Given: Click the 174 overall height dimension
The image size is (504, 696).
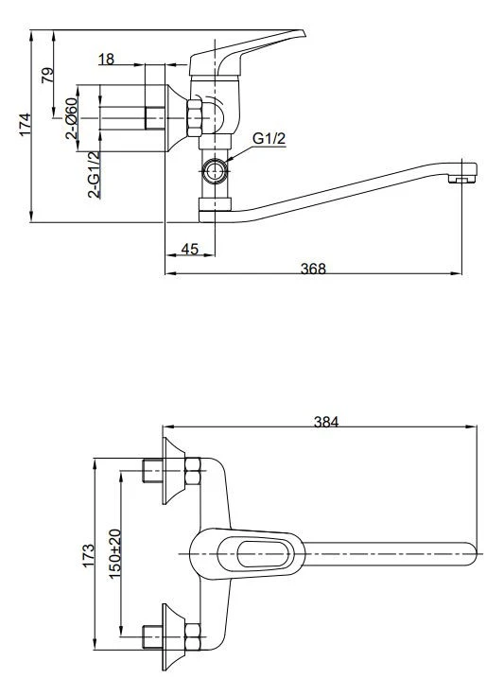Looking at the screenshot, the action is (26, 125).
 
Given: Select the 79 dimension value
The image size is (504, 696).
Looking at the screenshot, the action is (47, 75).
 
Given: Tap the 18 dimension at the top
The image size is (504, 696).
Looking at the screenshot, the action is (106, 59).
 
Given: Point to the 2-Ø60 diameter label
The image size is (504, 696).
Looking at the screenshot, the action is (72, 118).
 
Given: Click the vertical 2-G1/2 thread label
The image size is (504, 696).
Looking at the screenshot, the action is (94, 174).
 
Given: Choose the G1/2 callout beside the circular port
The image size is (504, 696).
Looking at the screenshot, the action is (269, 138).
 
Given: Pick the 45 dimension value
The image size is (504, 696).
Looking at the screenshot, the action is (190, 249).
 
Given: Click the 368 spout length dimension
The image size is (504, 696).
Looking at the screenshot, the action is (313, 269).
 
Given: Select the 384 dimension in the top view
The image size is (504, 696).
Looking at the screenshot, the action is (326, 422).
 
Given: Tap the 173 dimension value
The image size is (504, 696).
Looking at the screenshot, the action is (88, 554).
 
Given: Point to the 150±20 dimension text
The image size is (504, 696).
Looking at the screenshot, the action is (115, 553).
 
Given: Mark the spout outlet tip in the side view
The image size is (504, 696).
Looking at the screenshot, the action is (462, 179).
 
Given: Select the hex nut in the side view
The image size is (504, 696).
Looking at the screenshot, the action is (195, 118).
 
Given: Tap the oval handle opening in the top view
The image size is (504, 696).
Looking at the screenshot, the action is (263, 554).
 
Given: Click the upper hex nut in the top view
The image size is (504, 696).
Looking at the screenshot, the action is (193, 471).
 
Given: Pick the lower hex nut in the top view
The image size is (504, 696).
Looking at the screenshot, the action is (193, 637).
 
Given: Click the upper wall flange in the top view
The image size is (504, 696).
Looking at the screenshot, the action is (173, 471).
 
